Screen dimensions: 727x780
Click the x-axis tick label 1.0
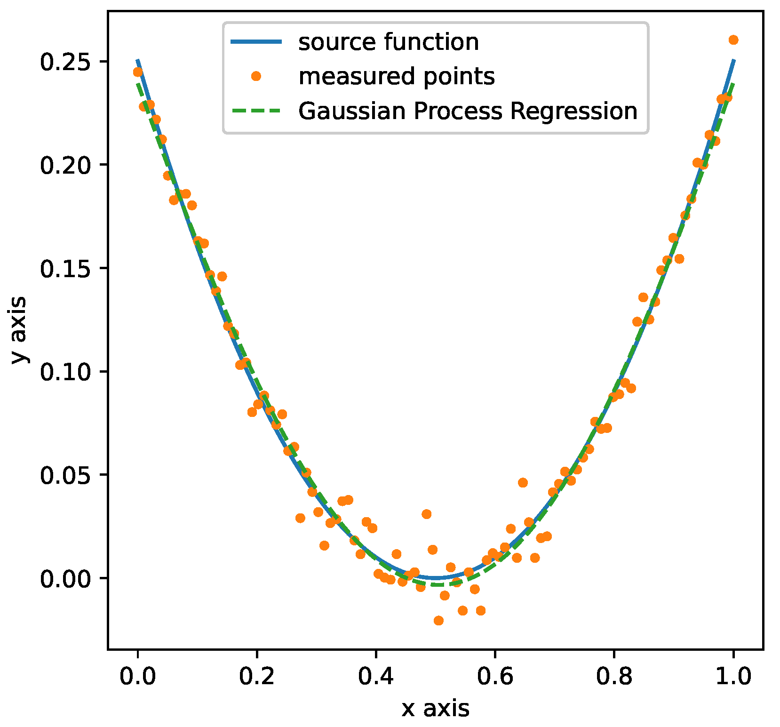click(732, 677)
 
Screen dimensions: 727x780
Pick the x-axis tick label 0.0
click(137, 677)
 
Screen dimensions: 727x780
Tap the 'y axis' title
click(19, 329)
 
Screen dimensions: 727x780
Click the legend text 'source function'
click(389, 42)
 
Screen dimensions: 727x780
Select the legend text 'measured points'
click(397, 76)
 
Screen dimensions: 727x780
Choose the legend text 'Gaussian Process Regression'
click(468, 111)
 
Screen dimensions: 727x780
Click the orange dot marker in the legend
click(256, 76)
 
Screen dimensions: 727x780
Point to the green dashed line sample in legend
click(256, 111)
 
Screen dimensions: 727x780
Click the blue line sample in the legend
click(256, 42)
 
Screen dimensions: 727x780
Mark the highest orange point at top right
click(733, 40)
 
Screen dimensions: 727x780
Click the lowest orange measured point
click(438, 621)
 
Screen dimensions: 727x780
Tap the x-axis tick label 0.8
click(613, 677)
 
